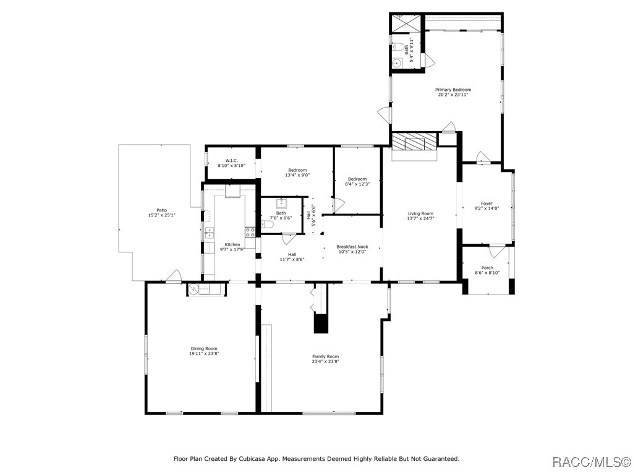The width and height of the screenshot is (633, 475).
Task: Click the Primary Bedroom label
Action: point(453,90)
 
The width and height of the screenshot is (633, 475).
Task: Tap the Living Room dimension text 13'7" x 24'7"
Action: point(420,218)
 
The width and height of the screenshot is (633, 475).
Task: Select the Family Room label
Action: point(325,356)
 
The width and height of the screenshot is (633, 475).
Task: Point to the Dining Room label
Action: point(204,349)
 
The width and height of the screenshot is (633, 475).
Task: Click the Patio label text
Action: point(162,210)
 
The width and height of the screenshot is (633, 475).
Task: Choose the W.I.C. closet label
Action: point(231,160)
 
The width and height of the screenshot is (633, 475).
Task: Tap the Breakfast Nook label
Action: point(352,246)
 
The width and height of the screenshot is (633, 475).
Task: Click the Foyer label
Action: point(487,203)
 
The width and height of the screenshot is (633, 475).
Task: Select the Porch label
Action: point(487,268)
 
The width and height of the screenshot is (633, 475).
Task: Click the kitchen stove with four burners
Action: point(250,233)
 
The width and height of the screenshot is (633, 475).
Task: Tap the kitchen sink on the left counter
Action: point(209,233)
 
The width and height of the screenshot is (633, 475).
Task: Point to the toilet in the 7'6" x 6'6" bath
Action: point(267,225)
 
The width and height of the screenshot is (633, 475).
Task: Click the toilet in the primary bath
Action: point(401,48)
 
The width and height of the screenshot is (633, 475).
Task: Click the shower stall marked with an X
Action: point(406,24)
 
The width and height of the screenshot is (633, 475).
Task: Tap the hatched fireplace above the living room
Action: point(415,142)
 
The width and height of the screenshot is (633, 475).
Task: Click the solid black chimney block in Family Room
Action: point(321,323)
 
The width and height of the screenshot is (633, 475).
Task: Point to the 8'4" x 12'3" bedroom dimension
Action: point(357,184)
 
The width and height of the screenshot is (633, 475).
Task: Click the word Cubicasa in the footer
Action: point(253,459)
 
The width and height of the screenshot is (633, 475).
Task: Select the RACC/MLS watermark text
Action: point(591,462)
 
